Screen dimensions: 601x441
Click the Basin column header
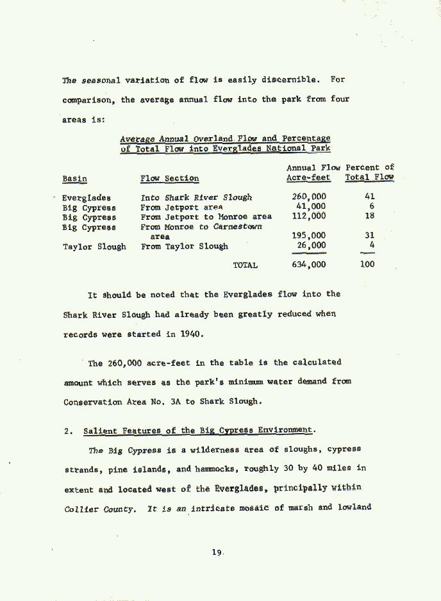[74, 179]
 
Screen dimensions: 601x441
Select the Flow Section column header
[170, 179]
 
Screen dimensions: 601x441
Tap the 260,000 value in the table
[308, 197]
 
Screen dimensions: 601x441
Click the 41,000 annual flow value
[311, 206]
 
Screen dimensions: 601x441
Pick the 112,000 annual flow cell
[308, 217]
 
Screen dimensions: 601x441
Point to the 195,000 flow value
[308, 236]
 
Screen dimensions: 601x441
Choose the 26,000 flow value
[311, 245]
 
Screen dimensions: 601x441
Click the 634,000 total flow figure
[308, 265]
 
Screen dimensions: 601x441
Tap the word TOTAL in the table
[245, 265]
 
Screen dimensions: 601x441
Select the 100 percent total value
[367, 264]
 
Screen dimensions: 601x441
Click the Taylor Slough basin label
[94, 246]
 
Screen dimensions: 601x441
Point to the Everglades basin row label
[87, 198]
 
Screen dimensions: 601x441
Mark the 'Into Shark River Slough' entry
[196, 198]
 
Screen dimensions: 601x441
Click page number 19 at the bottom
[217, 553]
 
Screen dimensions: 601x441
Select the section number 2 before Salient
[67, 431]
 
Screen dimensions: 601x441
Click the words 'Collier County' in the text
[99, 509]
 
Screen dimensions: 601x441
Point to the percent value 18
[369, 217]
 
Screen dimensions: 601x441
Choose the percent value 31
[369, 236]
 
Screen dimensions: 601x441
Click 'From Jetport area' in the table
[182, 208]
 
